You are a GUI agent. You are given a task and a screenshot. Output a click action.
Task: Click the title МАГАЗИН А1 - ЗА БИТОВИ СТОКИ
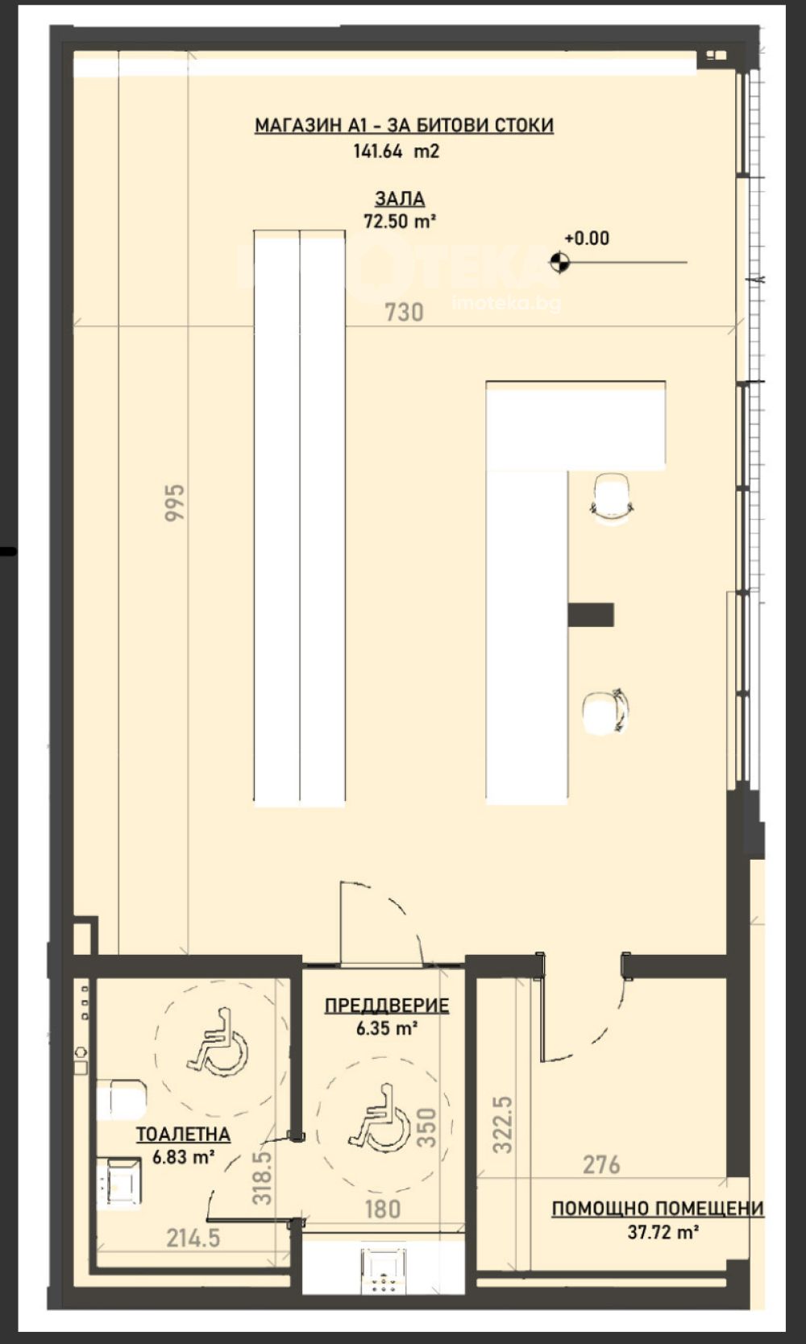click(x=404, y=125)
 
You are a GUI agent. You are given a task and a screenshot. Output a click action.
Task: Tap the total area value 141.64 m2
click(x=396, y=151)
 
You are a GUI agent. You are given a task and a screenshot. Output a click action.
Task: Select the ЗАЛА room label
click(x=400, y=198)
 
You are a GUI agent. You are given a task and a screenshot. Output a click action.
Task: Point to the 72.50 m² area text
click(x=399, y=221)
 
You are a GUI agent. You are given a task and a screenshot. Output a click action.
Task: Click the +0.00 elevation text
click(x=586, y=239)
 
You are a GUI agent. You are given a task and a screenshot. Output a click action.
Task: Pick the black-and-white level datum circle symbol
click(x=559, y=262)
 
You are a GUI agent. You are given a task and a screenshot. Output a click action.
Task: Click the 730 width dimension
click(x=404, y=312)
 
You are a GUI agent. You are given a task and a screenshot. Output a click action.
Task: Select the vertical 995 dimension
click(x=175, y=503)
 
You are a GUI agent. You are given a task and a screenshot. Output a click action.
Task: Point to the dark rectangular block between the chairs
click(x=591, y=615)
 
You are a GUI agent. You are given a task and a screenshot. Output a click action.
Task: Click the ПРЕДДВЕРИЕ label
click(x=387, y=1006)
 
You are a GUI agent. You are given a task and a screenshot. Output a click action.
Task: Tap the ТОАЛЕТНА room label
click(x=183, y=1135)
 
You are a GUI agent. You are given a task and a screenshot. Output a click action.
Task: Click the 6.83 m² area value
click(x=183, y=1157)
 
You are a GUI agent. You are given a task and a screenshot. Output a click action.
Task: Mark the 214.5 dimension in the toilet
click(x=193, y=1238)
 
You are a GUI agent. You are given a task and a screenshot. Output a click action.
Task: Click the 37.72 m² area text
click(x=663, y=1232)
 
